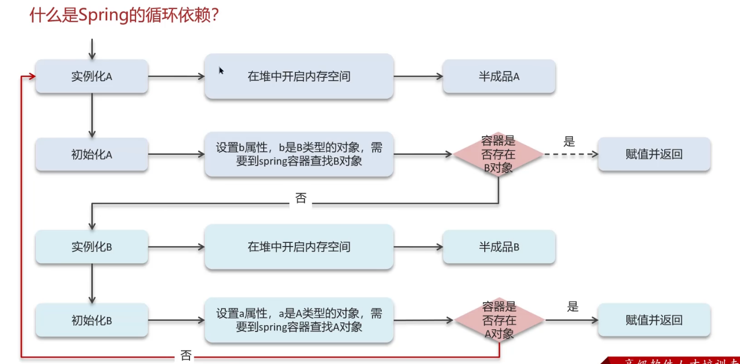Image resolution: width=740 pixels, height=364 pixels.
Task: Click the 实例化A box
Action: [x=91, y=76]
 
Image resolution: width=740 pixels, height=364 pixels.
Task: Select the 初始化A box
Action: [x=91, y=154]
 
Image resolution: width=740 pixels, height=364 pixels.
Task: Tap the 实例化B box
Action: [x=91, y=247]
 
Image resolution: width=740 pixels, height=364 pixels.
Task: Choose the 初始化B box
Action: [x=91, y=320]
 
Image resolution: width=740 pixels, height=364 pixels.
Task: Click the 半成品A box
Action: [x=499, y=76]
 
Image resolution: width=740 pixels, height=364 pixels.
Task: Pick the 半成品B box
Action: [x=499, y=247]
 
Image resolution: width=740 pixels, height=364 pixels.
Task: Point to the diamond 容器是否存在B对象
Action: [x=498, y=154]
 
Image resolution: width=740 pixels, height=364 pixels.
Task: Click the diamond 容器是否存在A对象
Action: [x=499, y=320]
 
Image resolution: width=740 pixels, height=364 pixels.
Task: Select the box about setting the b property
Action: [x=299, y=154]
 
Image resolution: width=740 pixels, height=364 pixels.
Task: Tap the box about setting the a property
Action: [x=299, y=320]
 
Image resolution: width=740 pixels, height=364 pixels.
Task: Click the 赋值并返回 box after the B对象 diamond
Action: [x=654, y=154]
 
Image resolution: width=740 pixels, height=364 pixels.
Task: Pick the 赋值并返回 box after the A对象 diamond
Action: [x=654, y=320]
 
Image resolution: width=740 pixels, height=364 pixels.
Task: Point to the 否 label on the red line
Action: [x=186, y=355]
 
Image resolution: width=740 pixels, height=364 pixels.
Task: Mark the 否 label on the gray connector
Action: [x=301, y=198]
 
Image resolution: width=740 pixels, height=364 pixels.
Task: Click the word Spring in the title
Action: [x=102, y=15]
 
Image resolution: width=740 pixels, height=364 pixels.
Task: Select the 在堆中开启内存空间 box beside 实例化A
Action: [x=299, y=76]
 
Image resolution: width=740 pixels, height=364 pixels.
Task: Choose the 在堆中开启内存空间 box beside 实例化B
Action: [x=299, y=247]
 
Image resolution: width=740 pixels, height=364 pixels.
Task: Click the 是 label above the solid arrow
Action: [x=573, y=306]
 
